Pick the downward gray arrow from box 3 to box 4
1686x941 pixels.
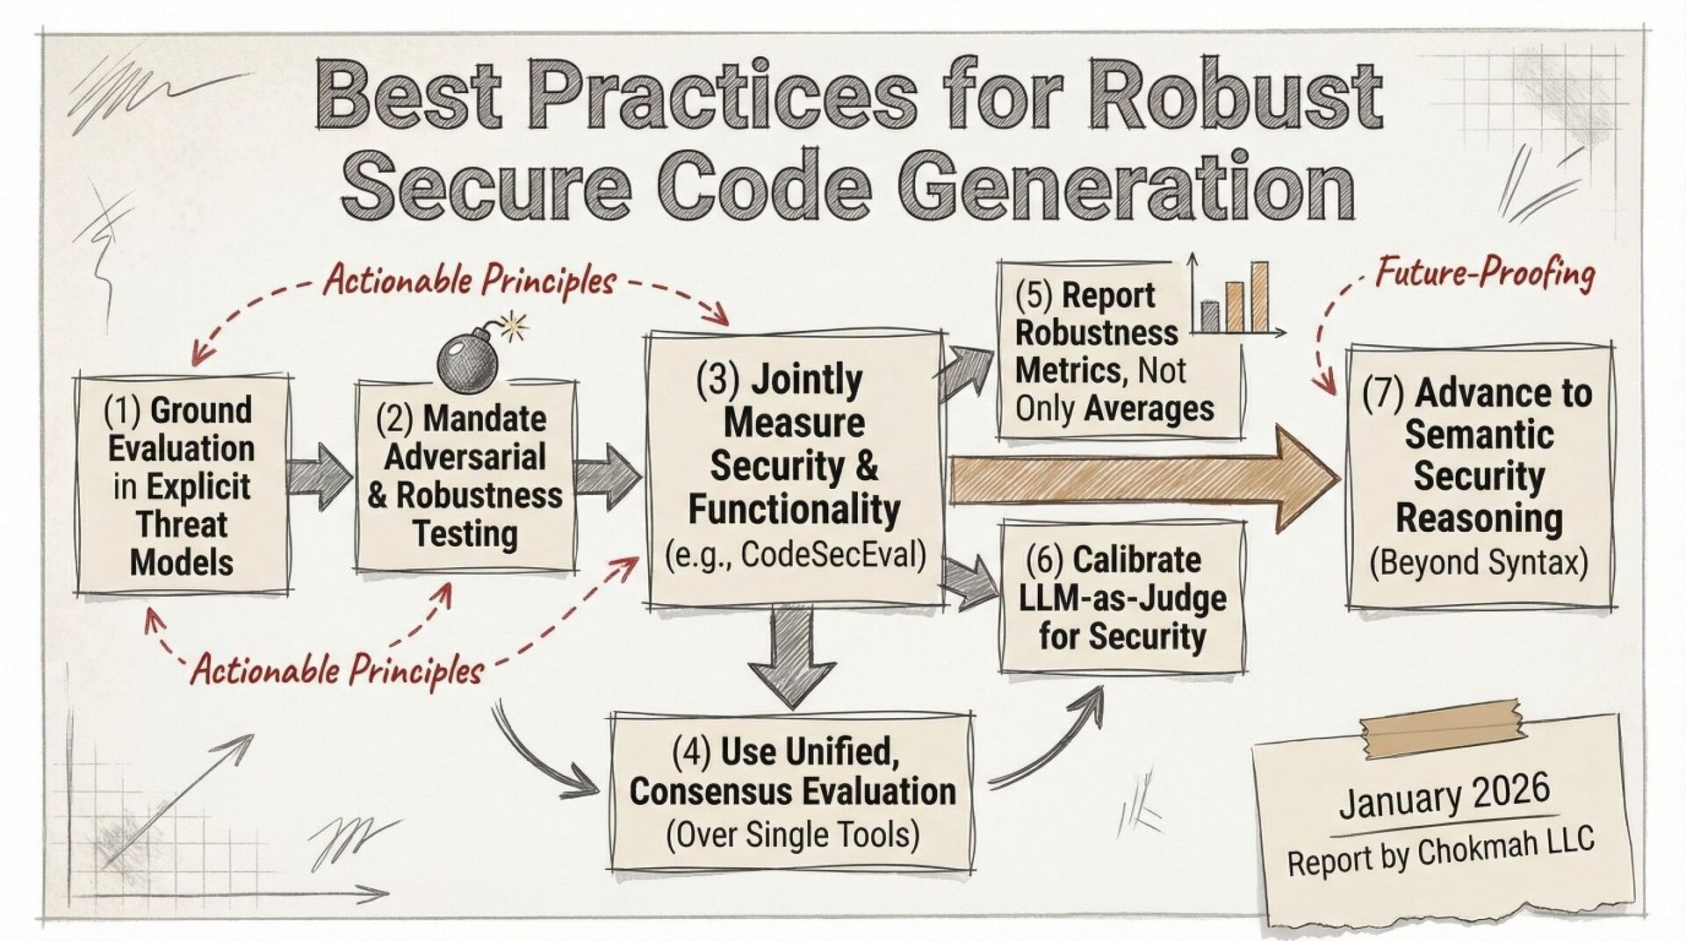point(793,658)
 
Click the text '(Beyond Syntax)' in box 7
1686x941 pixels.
point(1479,562)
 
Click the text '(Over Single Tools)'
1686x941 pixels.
point(792,834)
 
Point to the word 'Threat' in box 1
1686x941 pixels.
point(182,525)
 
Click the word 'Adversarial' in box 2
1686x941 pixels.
point(465,456)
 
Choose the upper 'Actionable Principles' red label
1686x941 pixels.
point(470,281)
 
